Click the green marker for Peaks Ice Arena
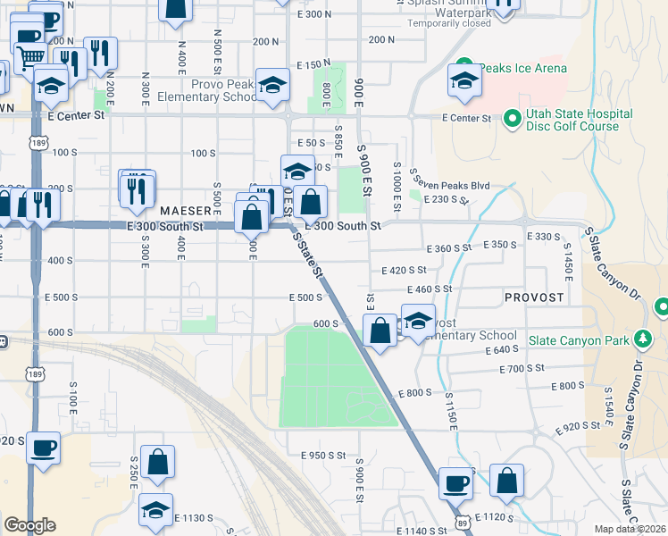pyautogui.click(x=463, y=68)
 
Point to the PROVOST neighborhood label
pyautogui.click(x=534, y=297)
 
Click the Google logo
pyautogui.click(x=29, y=525)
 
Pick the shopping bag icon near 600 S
pyautogui.click(x=380, y=330)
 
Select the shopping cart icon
pyautogui.click(x=31, y=56)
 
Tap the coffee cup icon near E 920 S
pyautogui.click(x=43, y=447)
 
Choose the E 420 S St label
pyautogui.click(x=405, y=270)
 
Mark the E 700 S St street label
pyautogui.click(x=522, y=368)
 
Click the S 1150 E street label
pyautogui.click(x=453, y=412)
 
